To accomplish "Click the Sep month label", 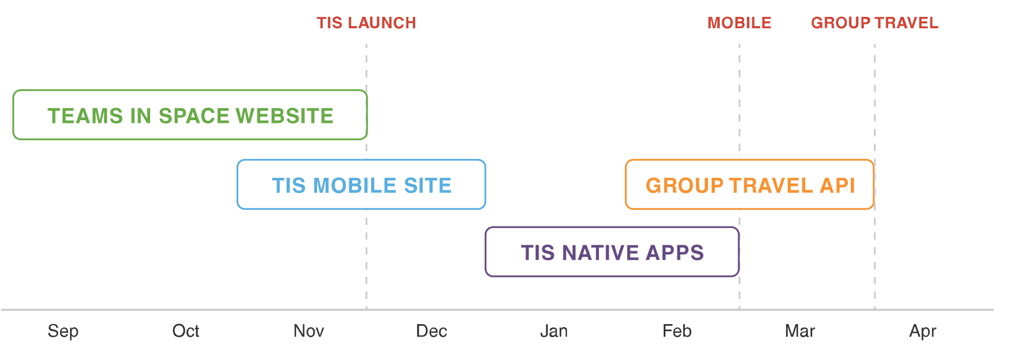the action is coord(63,331).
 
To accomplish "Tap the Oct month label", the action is coord(186,331).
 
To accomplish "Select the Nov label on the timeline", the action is coord(309,331).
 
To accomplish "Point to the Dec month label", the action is coord(431,331).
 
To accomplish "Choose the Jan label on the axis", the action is coord(554,331).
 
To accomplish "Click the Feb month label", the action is coord(677,331).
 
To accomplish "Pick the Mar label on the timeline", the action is coord(800,331).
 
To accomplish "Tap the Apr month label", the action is coord(923,331).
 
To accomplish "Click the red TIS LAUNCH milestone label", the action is coord(367,23).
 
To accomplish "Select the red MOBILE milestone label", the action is coord(739,23).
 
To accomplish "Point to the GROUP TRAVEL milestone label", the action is coord(875,23).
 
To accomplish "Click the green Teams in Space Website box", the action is coord(190,91).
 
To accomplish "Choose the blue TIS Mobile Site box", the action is coord(361,160).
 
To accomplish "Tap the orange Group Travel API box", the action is coord(750,160).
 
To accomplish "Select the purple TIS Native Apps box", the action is coord(612,228).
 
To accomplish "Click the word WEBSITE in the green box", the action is coord(285,116).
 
